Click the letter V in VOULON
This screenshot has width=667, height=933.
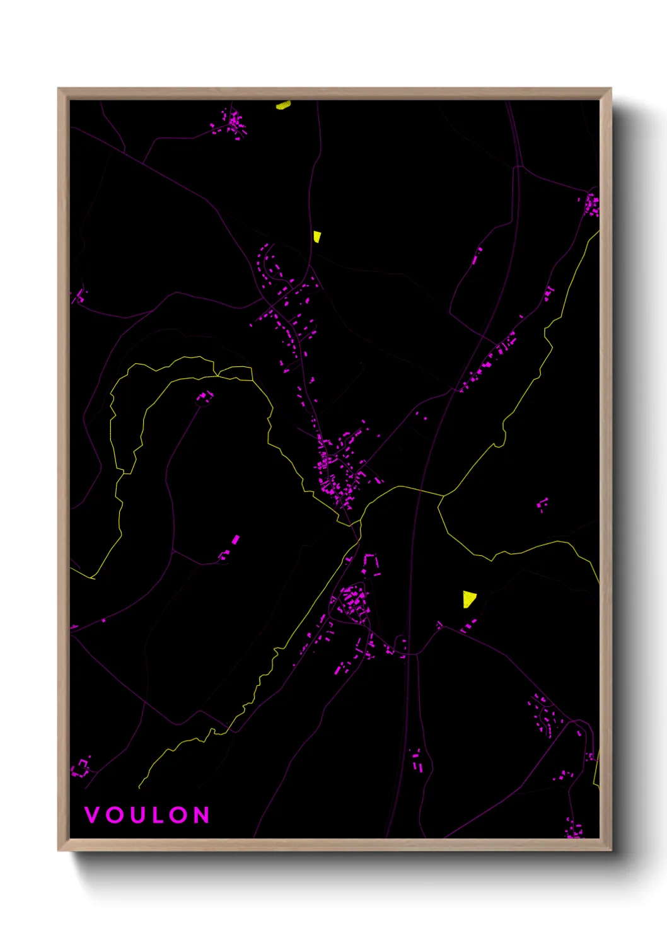[92, 815]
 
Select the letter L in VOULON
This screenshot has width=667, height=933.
[158, 815]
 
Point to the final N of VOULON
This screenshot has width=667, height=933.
[202, 815]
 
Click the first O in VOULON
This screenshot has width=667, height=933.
[114, 815]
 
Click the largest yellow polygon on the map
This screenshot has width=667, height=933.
[468, 599]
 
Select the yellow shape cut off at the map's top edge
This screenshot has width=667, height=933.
[283, 105]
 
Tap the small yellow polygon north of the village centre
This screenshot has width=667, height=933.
[317, 236]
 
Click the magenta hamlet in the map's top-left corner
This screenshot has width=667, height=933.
[231, 123]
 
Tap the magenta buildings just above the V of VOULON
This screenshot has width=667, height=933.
[81, 768]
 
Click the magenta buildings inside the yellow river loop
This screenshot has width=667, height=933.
[205, 397]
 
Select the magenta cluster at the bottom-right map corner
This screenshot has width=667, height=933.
[574, 829]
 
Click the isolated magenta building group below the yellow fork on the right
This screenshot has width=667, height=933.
[542, 504]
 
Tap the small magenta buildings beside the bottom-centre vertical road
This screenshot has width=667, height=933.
[417, 761]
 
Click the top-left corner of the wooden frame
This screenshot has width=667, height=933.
[59, 89]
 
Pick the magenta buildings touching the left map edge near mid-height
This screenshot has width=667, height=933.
[79, 295]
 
